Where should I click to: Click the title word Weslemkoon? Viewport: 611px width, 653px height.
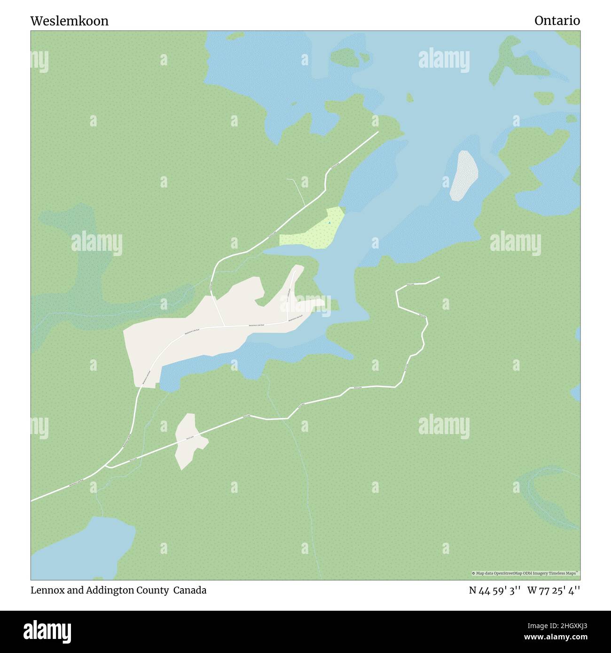pyautogui.click(x=70, y=21)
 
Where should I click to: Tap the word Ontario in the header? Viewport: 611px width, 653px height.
pyautogui.click(x=557, y=21)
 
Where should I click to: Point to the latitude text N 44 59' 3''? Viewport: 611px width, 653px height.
pyautogui.click(x=494, y=590)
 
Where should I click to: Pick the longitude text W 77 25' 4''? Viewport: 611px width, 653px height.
pyautogui.click(x=554, y=590)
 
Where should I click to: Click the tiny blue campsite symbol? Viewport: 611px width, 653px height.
pyautogui.click(x=329, y=223)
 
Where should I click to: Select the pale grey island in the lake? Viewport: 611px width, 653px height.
pyautogui.click(x=463, y=175)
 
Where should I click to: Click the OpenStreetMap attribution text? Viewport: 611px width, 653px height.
pyautogui.click(x=526, y=573)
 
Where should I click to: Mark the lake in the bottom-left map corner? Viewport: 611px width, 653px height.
pyautogui.click(x=80, y=550)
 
